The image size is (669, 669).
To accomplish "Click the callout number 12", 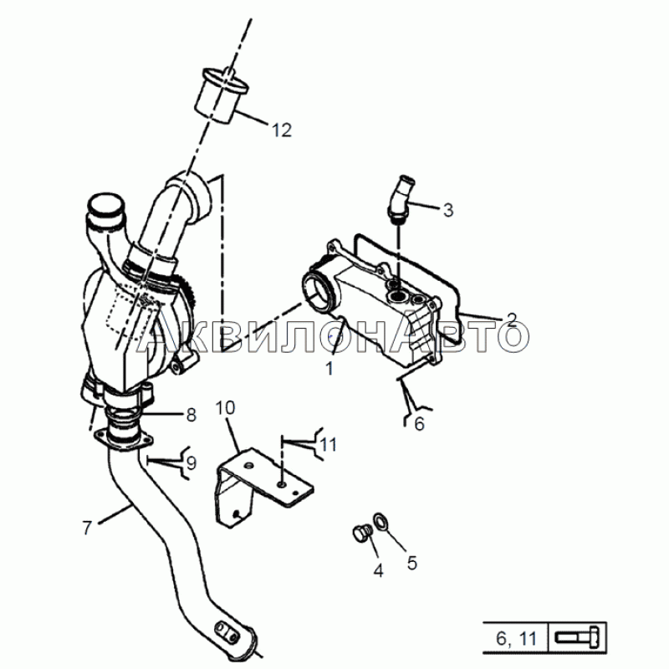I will click(x=281, y=130).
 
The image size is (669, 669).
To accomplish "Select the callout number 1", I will click(x=329, y=367).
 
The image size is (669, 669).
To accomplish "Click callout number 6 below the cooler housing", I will click(x=419, y=424).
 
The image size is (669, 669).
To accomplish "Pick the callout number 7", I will click(x=87, y=527).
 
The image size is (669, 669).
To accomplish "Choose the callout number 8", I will click(x=192, y=413).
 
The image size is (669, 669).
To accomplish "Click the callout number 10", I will click(x=226, y=408).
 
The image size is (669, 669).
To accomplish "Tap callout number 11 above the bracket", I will click(x=329, y=445).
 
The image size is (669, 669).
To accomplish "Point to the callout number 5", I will click(x=411, y=563).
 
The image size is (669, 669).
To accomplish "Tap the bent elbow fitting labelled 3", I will click(x=400, y=197).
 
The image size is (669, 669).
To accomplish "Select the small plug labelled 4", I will click(x=361, y=534).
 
